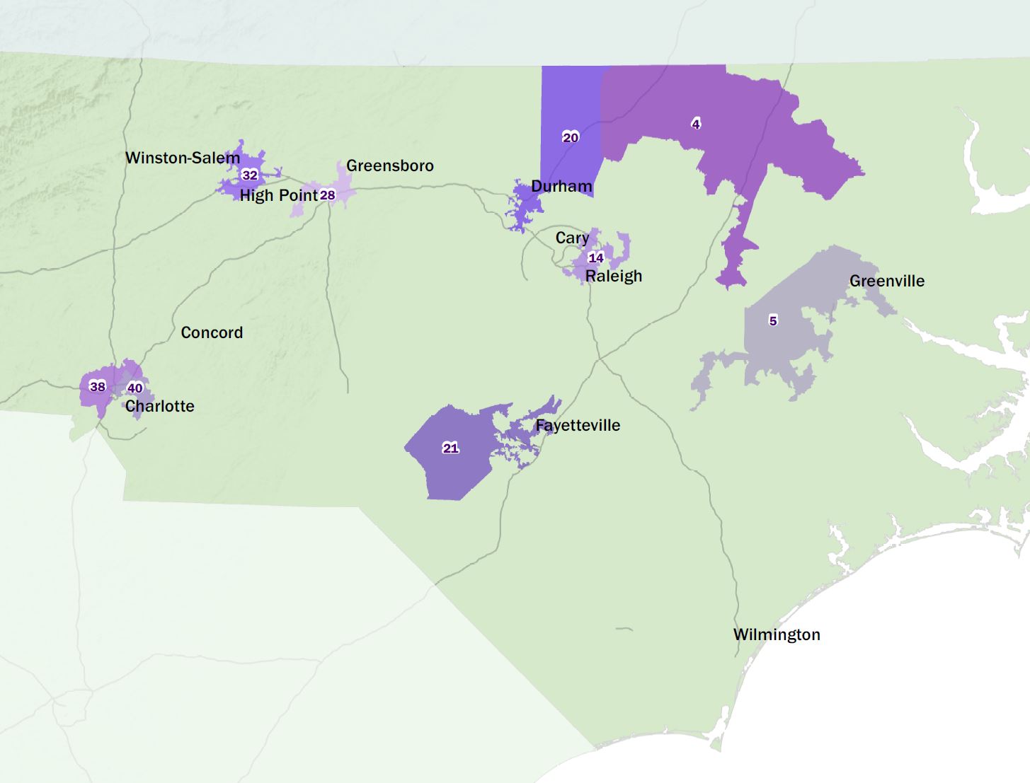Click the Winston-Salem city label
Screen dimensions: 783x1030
183,158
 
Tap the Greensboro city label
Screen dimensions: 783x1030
389,166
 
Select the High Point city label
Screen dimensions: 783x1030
278,195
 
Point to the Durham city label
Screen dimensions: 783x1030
561,186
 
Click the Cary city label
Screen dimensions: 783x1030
572,238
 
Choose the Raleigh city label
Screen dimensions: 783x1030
614,276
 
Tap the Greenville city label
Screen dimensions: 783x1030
887,281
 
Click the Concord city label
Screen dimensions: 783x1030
212,332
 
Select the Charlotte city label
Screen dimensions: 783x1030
159,406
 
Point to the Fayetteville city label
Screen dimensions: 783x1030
578,425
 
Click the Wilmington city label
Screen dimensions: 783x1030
777,634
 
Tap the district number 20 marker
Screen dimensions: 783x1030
571,137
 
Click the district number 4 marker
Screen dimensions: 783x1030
696,124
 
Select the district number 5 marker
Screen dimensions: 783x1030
773,320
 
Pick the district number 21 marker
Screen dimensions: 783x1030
451,448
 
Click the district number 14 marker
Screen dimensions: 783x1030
596,257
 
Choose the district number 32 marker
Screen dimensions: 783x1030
250,175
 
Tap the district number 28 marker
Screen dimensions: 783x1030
327,195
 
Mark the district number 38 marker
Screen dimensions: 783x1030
98,386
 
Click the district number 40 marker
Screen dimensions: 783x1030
135,388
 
